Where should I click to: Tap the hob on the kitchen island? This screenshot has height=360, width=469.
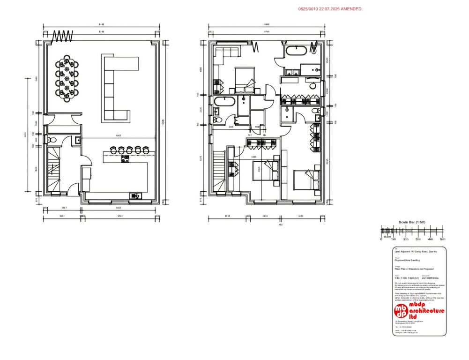125,159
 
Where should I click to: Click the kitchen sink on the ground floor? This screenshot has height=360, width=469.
135,195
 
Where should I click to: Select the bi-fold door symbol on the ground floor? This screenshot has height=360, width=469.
63,36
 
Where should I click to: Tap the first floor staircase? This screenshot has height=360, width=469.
218,171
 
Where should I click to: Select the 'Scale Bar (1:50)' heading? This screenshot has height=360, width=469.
412,222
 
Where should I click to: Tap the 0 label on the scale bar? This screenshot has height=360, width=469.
381,239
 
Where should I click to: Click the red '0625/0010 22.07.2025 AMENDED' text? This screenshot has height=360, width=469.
330,9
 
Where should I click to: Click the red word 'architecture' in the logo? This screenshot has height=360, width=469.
427,311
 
